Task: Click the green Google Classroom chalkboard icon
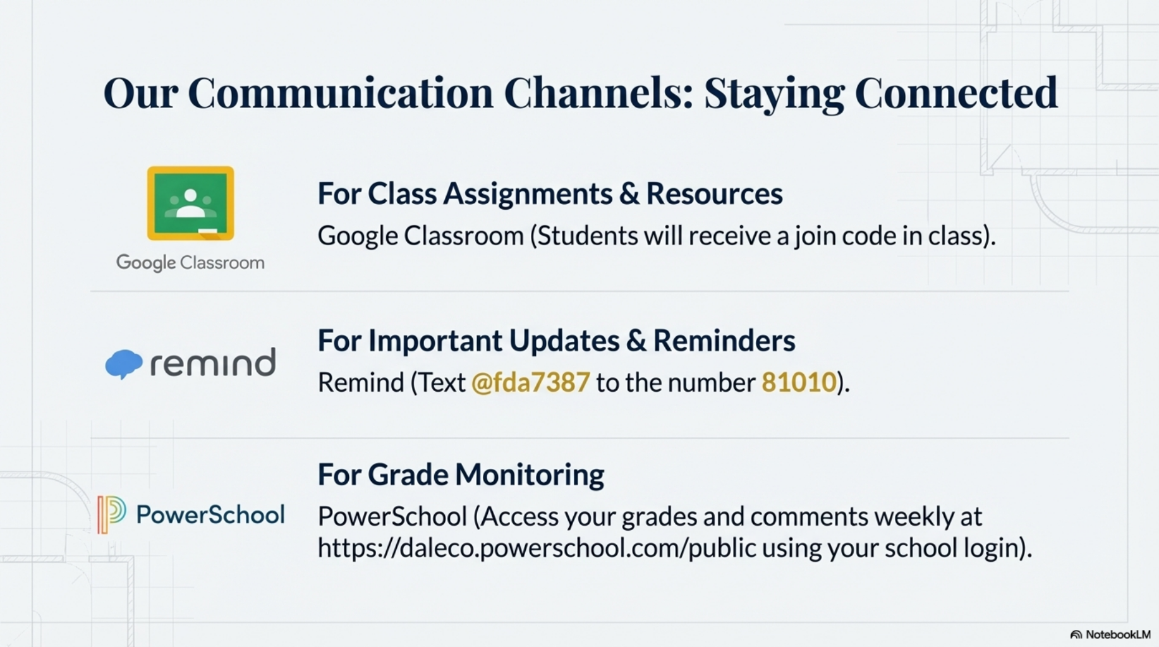pos(190,203)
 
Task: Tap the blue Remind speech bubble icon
pos(123,363)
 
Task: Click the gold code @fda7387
pos(530,382)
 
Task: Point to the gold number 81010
pos(799,382)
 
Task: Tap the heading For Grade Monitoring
pos(461,475)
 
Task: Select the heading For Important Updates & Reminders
pos(556,341)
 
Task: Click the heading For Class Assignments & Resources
pos(550,193)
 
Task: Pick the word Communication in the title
pos(340,93)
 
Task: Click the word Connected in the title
pos(956,93)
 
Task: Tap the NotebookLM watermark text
pos(1117,634)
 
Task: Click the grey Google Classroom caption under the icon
pos(190,262)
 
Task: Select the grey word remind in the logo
pos(212,363)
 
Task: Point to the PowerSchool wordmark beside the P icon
pos(210,514)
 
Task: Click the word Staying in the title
pos(774,93)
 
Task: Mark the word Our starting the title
pos(140,93)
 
